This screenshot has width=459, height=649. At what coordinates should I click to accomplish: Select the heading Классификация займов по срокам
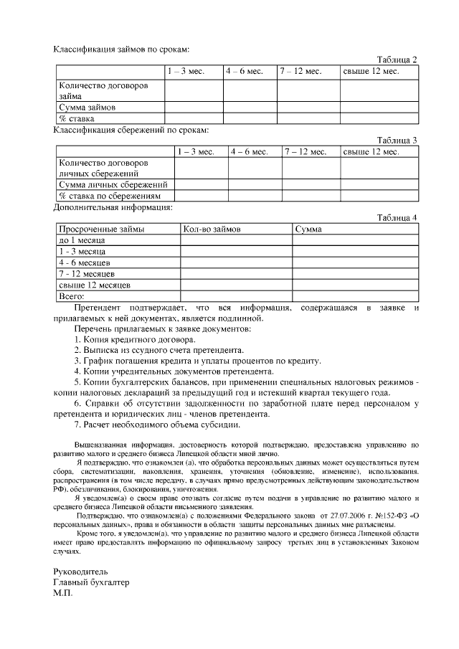122,49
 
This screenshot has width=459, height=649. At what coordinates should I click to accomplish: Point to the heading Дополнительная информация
113,207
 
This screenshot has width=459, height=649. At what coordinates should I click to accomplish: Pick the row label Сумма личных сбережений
108,184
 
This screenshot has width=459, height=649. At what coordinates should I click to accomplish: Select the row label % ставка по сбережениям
110,196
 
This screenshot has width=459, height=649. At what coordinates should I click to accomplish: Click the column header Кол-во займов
212,229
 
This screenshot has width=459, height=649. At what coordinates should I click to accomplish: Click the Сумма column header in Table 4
308,229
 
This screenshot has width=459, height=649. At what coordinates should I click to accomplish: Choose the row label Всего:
72,295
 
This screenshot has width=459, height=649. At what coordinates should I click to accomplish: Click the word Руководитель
81,572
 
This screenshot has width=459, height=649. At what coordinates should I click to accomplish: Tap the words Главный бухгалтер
91,582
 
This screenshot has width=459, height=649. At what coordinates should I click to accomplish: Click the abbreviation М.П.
63,594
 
